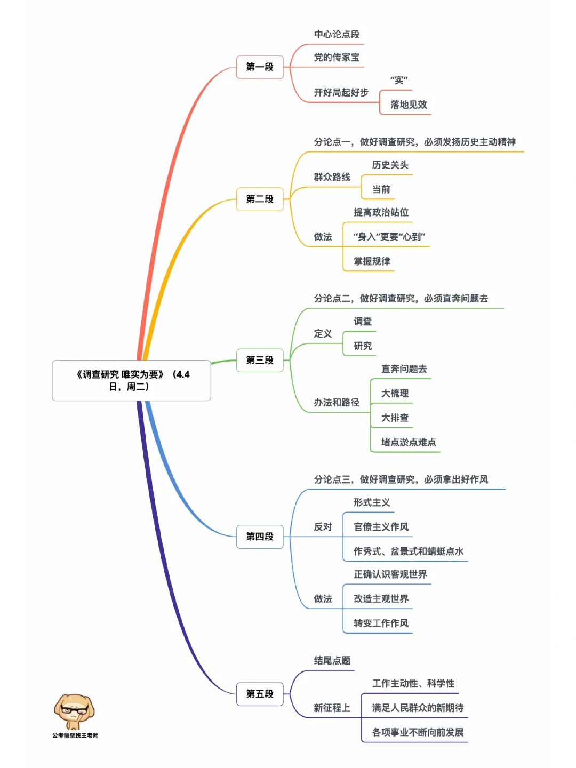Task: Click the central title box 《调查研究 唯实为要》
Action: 131,380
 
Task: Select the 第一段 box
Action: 260,67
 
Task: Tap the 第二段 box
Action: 260,199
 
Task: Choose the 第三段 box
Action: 260,361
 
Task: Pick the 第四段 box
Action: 260,537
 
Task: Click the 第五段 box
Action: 260,694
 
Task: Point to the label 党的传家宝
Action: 337,58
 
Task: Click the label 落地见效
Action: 409,105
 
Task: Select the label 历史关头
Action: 390,165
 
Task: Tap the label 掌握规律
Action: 372,261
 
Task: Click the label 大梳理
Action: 395,394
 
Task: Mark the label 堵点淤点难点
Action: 409,442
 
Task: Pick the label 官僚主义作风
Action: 381,527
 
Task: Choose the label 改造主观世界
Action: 381,599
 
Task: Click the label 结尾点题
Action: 332,661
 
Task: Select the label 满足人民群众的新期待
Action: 418,708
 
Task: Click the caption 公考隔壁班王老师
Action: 75,736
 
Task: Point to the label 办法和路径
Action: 337,403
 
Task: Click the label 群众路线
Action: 332,177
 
